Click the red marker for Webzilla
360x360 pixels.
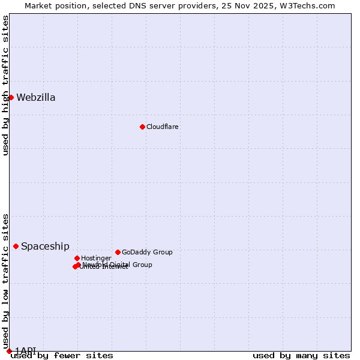tap(11, 97)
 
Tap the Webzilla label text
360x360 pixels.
tap(36, 98)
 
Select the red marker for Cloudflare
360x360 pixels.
tap(142, 127)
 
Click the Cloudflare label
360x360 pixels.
tap(163, 127)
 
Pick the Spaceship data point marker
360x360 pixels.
tap(16, 246)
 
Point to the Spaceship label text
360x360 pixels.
tap(45, 247)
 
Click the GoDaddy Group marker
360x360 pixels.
tap(118, 252)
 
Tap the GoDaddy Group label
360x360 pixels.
tap(147, 253)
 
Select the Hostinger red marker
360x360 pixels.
tap(77, 258)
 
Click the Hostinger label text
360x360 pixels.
tap(96, 259)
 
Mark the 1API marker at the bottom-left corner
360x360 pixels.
tap(9, 351)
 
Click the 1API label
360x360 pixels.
tap(26, 350)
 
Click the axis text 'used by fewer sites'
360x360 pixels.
tap(62, 356)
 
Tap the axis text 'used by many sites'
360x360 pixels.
tap(301, 356)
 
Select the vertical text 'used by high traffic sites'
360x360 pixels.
tap(5, 85)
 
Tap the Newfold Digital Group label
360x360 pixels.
tap(118, 265)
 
